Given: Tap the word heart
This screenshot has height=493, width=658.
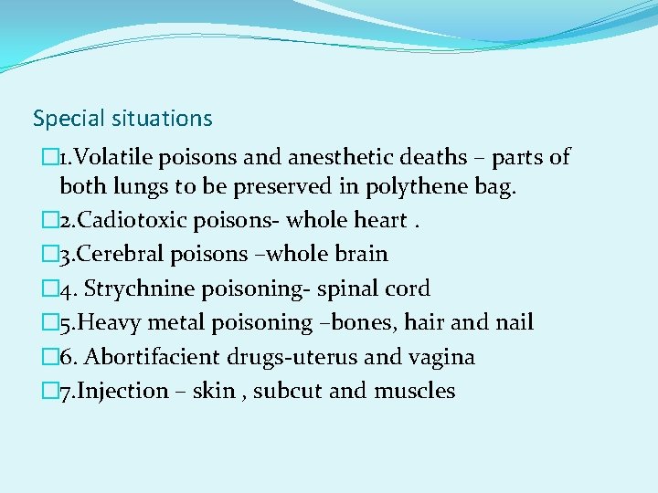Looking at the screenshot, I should point(375,221).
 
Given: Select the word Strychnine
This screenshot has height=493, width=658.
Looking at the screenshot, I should point(140,288).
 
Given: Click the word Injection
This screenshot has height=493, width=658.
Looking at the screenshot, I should point(127,392).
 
